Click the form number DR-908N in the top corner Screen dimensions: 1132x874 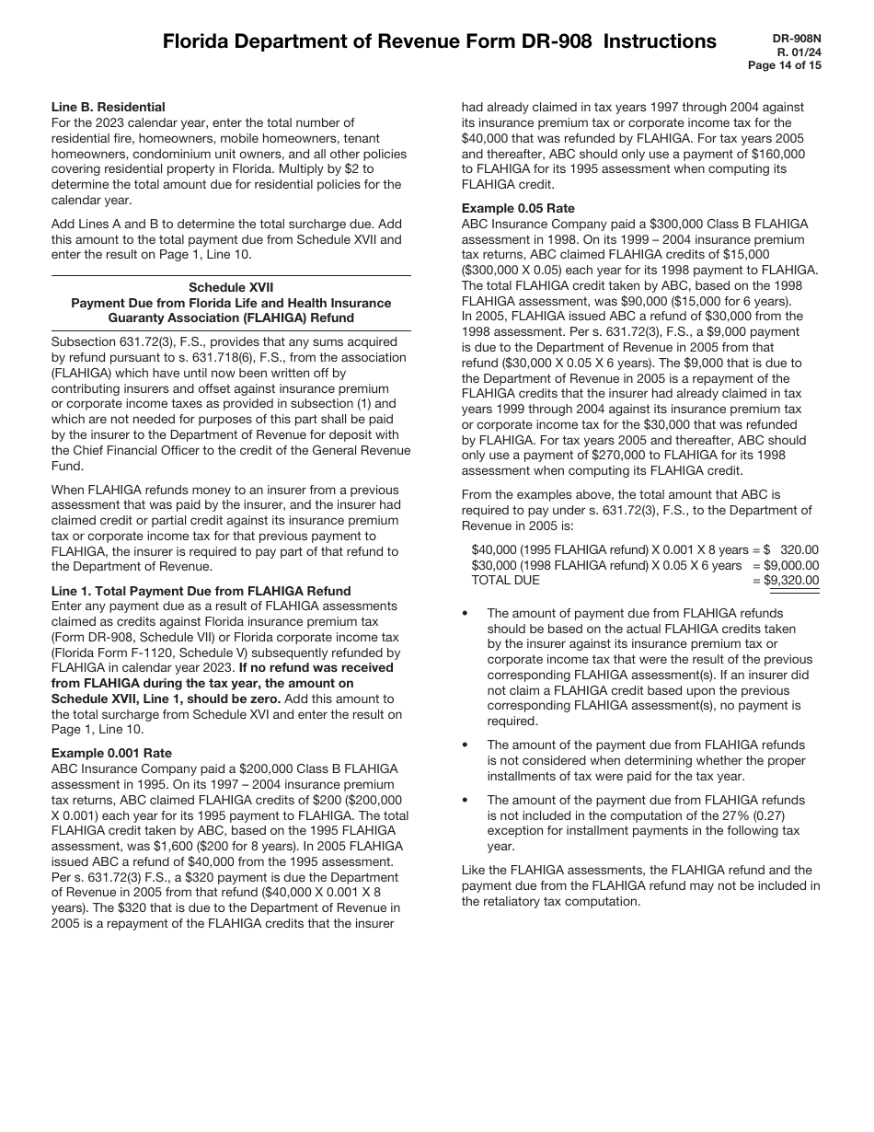coord(798,38)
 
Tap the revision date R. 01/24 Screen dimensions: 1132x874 coord(801,52)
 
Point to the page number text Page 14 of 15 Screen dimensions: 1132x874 coord(785,65)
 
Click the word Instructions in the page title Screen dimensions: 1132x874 coord(660,41)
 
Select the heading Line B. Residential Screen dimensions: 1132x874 coord(109,107)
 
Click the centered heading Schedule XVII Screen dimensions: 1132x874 coord(231,287)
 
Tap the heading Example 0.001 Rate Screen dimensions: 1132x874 coord(111,753)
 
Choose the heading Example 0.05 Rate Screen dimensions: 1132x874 coord(520,208)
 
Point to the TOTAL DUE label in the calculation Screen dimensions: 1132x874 coord(506,580)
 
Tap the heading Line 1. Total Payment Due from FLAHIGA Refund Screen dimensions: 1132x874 coord(201,590)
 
